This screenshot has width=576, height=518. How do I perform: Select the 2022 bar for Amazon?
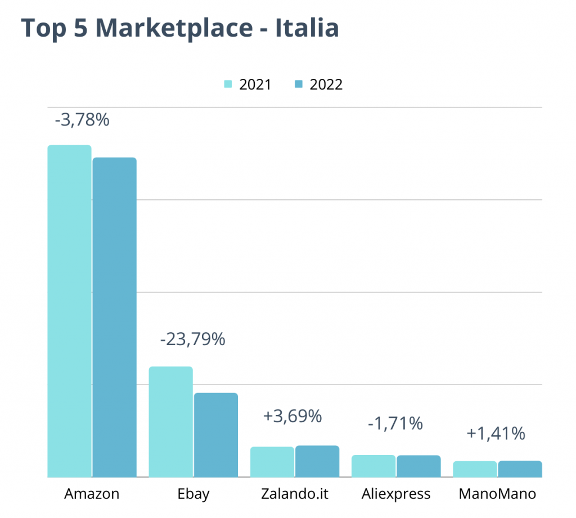[115, 317]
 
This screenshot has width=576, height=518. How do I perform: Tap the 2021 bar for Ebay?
[170, 422]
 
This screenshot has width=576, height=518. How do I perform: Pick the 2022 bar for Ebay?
[216, 435]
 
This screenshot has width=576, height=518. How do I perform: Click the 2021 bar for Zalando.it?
[272, 462]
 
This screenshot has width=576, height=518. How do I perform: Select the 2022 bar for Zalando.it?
[317, 461]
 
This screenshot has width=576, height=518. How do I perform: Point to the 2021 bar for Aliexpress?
[373, 466]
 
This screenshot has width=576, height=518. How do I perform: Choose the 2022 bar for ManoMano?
[520, 469]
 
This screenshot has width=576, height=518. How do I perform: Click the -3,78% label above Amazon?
[82, 120]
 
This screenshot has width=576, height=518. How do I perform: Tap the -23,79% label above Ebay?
[192, 340]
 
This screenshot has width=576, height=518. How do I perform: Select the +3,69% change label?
[292, 417]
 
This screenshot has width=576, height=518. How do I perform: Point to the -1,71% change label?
[395, 423]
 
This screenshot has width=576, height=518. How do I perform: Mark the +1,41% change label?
[496, 434]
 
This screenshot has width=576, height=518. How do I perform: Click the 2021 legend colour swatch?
[228, 85]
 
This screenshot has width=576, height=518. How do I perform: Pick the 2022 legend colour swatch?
[299, 85]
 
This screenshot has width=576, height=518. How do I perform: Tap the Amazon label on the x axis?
[92, 494]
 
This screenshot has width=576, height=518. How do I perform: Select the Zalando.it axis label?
[295, 494]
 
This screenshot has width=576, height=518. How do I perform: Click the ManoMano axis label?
[497, 494]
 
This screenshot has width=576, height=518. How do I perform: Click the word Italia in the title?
[307, 28]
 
